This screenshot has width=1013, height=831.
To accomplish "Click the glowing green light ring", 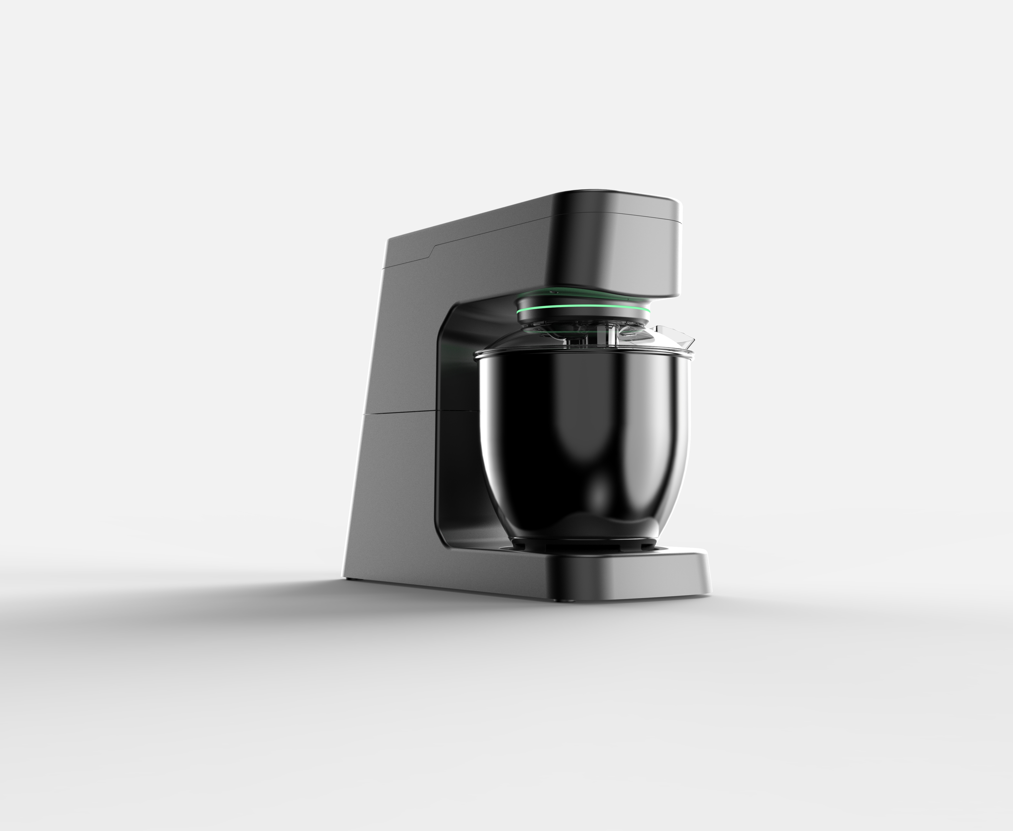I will click(583, 308).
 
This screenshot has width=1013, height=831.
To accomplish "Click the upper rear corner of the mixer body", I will click(389, 239).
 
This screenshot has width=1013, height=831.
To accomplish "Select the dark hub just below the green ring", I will click(583, 318).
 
